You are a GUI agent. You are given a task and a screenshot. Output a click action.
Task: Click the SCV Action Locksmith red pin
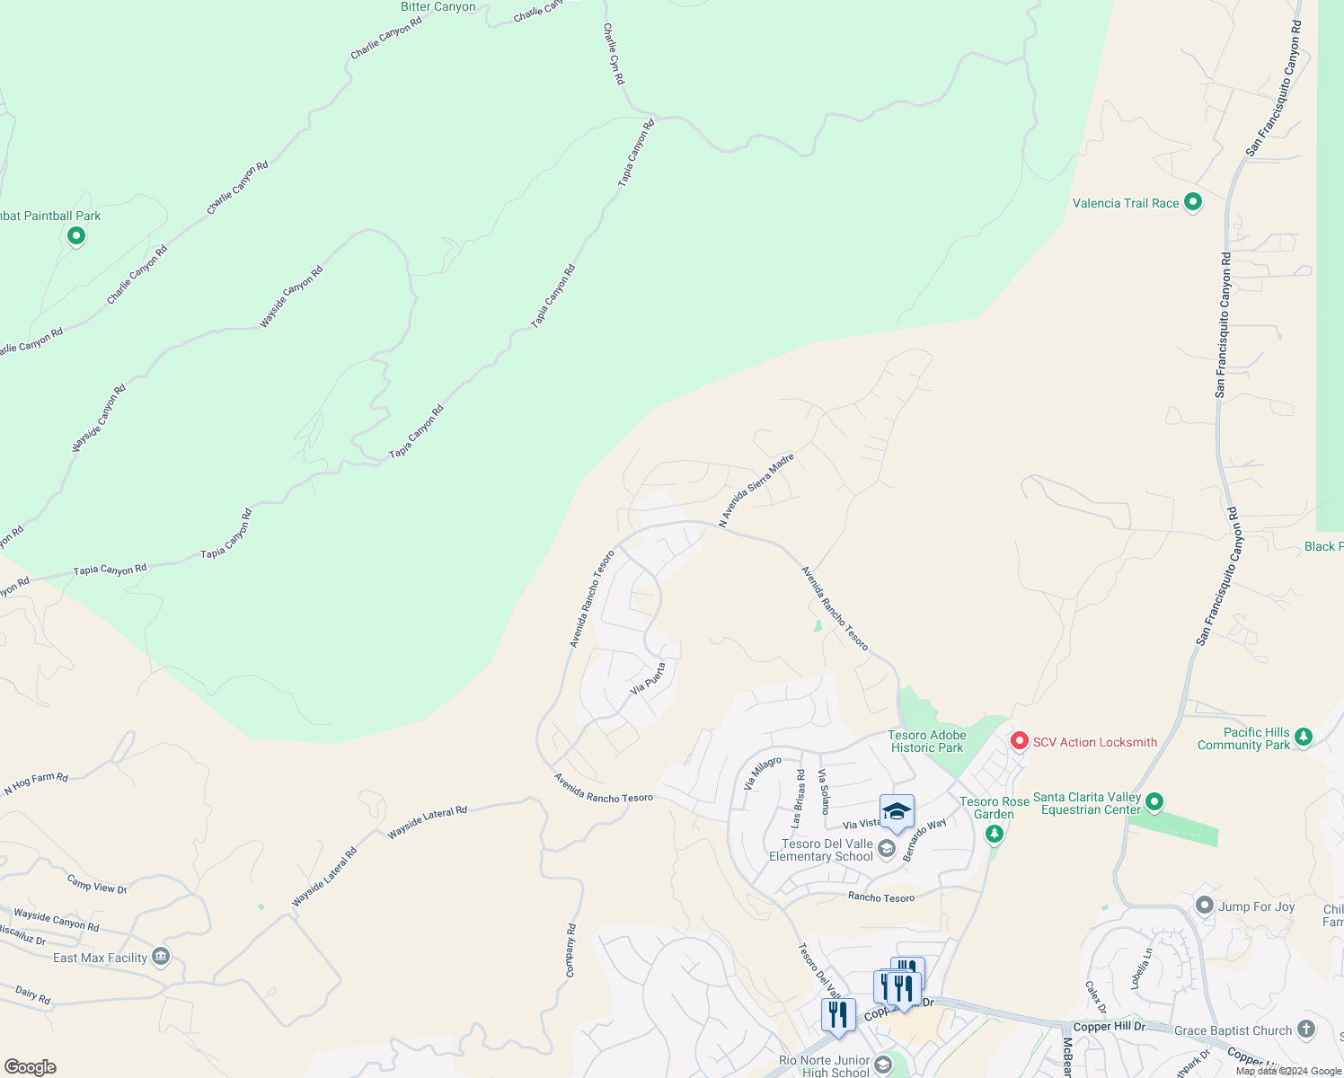coord(1019,741)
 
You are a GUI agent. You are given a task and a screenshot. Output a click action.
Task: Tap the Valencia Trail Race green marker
coord(1193,202)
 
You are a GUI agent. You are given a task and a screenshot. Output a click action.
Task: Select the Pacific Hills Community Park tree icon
coord(1304,738)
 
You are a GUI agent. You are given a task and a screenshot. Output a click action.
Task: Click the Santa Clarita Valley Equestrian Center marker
coord(1155,800)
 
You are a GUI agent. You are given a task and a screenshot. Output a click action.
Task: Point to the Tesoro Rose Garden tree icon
coord(994,835)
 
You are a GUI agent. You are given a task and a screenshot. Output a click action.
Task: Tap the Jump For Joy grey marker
coord(1205,906)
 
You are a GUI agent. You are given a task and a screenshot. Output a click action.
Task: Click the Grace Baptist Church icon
coord(1306,1029)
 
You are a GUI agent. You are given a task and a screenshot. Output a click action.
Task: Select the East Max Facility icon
coord(161,956)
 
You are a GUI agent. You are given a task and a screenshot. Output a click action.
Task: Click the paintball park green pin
coord(76,236)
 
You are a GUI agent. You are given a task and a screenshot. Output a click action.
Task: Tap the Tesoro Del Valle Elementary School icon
coord(887,848)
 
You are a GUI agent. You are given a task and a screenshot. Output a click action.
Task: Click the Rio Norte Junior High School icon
coord(883,1065)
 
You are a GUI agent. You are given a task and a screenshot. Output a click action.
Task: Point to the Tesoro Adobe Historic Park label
coord(927,741)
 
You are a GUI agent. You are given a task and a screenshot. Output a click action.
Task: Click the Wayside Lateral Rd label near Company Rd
coord(427,822)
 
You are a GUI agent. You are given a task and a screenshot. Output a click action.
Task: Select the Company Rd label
coord(570,950)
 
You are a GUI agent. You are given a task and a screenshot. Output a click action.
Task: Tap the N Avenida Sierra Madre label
coord(756,490)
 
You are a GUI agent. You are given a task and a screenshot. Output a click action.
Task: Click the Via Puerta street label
coord(648,679)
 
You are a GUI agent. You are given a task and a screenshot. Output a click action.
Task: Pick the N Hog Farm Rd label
coord(36,784)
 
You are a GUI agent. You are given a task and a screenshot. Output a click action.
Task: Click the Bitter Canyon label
coord(438,7)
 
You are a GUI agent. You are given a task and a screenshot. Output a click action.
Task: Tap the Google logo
coord(30,1066)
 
